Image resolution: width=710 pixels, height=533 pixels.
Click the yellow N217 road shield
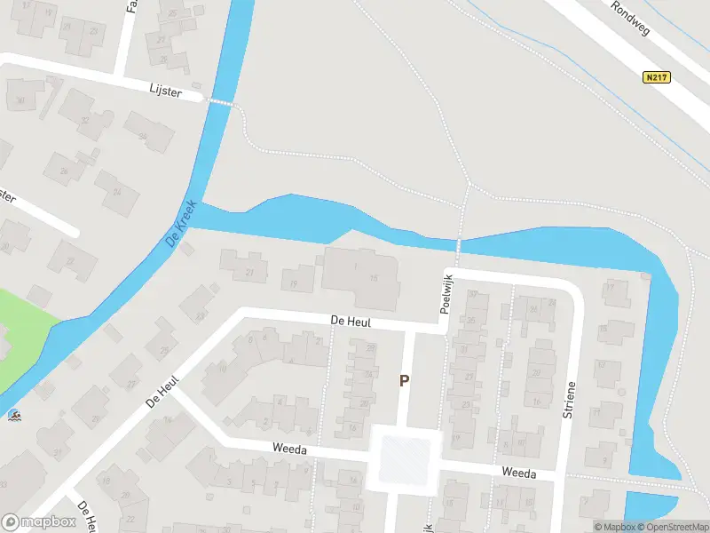(656, 77)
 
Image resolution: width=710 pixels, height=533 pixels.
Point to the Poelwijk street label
(446, 292)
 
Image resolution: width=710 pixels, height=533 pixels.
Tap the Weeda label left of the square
(291, 450)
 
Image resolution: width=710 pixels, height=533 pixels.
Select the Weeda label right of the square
(518, 473)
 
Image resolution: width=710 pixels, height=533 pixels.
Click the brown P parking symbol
(404, 380)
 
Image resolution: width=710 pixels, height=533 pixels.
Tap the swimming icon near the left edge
(14, 415)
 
